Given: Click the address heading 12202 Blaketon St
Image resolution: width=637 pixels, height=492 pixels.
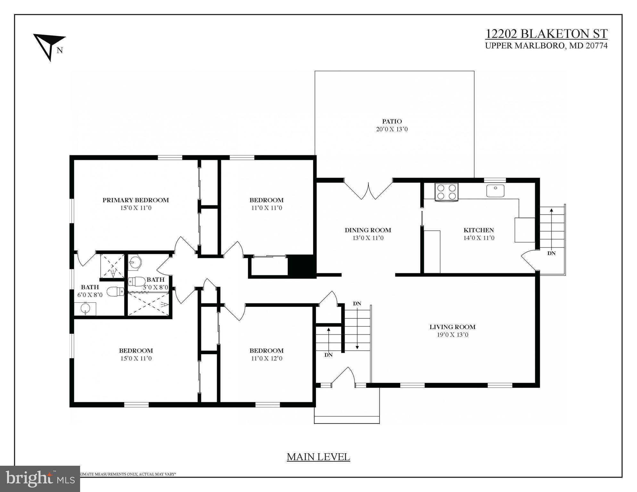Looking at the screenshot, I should (x=546, y=34).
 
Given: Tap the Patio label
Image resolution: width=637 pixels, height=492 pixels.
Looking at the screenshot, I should (x=392, y=121).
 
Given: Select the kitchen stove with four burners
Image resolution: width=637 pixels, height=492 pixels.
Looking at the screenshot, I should (x=446, y=192).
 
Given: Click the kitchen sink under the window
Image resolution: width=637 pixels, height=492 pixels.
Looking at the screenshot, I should (x=495, y=191).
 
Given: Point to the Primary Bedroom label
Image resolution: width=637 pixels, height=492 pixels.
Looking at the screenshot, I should (x=136, y=200).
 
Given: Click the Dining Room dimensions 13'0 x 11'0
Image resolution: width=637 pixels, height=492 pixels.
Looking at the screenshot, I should (x=368, y=238).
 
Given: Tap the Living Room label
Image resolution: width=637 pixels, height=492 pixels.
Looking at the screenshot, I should (x=452, y=327).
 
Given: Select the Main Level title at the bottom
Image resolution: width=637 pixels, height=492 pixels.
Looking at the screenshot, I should (x=318, y=457).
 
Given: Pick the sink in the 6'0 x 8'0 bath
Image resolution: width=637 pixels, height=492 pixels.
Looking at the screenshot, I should (x=85, y=309).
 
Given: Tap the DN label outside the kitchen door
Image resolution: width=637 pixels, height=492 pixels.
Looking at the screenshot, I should (x=551, y=253).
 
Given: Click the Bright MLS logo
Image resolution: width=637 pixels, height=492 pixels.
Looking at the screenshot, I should (x=40, y=479).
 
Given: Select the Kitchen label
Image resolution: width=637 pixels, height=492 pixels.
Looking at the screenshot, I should (x=478, y=230).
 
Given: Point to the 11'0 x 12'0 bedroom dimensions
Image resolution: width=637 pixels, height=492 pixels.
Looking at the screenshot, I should (x=267, y=358).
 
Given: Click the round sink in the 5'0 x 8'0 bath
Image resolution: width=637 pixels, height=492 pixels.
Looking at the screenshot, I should (x=135, y=262).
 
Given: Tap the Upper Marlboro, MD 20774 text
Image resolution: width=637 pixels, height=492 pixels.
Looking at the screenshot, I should (x=546, y=46).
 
